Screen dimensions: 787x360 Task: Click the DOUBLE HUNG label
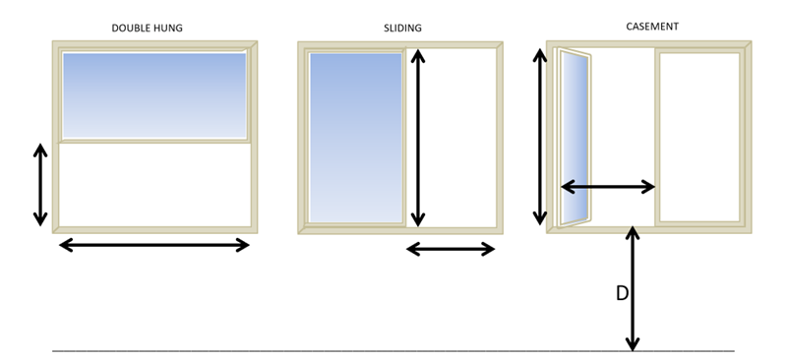tap(147, 29)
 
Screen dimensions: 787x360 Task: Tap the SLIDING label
tap(402, 29)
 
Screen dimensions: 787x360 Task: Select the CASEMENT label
tap(652, 27)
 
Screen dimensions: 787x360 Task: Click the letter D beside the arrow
tap(622, 293)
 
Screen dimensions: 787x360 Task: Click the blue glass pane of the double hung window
tap(154, 95)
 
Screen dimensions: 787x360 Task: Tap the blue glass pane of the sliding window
tap(356, 137)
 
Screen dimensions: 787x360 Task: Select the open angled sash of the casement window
tap(575, 138)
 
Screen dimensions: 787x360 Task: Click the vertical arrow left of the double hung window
tap(40, 184)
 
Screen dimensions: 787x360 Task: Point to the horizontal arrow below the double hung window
tap(154, 245)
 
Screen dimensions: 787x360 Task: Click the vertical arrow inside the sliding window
tap(417, 138)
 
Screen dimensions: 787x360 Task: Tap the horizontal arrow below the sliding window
tap(451, 249)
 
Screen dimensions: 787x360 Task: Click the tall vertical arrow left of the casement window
tap(539, 137)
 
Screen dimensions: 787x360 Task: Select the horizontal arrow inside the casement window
tap(608, 187)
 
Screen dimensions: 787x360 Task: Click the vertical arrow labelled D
tap(633, 289)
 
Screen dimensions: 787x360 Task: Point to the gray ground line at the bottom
tap(393, 350)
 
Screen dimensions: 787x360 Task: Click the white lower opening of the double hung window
tap(154, 185)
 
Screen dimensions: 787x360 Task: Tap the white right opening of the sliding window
tap(452, 138)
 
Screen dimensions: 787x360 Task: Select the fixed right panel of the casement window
tap(699, 137)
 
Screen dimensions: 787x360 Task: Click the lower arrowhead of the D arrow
tap(633, 344)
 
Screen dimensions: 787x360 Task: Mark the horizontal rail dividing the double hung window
tap(154, 141)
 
